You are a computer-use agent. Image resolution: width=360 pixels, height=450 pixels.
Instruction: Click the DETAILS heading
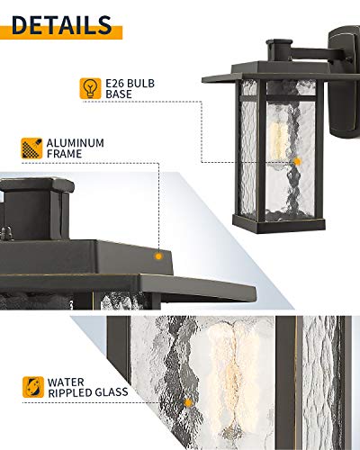coord(62,22)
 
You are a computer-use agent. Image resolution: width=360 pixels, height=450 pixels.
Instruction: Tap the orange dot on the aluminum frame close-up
coord(158,256)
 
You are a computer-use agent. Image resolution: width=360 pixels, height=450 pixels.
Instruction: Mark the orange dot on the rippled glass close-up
coord(188,401)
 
